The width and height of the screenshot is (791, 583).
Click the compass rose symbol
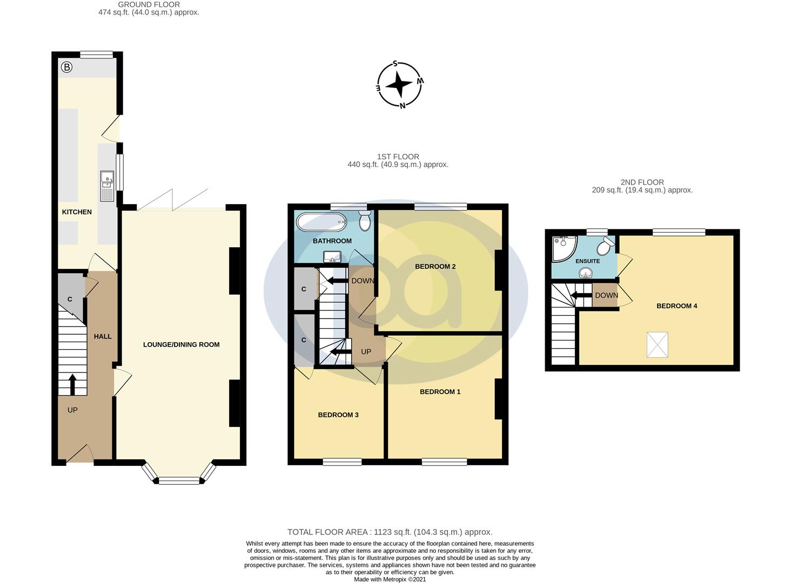tap(399, 85)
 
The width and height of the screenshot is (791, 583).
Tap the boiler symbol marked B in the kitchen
tap(66, 67)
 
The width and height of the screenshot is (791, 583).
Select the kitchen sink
tap(107, 186)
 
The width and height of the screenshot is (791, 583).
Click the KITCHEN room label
tap(77, 212)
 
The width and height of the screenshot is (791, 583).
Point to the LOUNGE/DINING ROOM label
tap(181, 344)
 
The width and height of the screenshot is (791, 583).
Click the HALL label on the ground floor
tap(103, 336)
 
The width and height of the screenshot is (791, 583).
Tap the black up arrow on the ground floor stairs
tap(72, 384)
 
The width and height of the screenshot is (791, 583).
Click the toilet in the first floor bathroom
tap(365, 220)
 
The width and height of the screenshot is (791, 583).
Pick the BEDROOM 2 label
tap(435, 267)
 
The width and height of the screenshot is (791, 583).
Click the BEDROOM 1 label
tap(440, 392)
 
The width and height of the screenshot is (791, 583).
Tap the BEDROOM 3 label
tap(338, 415)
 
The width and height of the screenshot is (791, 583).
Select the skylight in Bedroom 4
tap(657, 345)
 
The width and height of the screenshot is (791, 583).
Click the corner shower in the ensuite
tap(563, 246)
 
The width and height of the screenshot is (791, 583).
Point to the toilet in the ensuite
tap(604, 246)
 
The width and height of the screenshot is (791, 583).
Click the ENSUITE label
tap(587, 261)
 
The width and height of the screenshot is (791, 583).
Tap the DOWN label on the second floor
tap(606, 295)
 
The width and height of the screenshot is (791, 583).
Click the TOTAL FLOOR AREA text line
tap(390, 532)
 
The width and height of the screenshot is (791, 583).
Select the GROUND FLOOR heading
tap(149, 5)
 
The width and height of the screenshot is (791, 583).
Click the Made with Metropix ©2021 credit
tap(390, 579)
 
